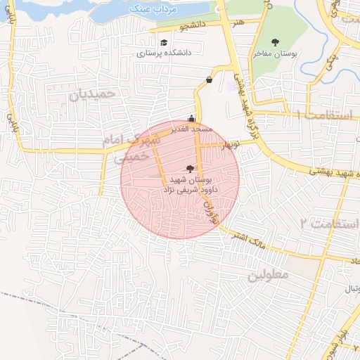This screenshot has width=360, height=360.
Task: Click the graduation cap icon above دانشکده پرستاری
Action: click(164, 42)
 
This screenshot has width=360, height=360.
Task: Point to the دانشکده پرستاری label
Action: click(163, 53)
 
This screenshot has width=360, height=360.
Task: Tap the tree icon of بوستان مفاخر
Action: click(275, 42)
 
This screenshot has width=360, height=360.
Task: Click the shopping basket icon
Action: click(209, 79)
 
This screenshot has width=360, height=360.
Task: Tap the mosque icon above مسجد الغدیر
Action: click(192, 119)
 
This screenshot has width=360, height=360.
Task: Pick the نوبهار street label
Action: click(229, 146)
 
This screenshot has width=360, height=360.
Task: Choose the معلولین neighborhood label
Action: click(267, 275)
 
